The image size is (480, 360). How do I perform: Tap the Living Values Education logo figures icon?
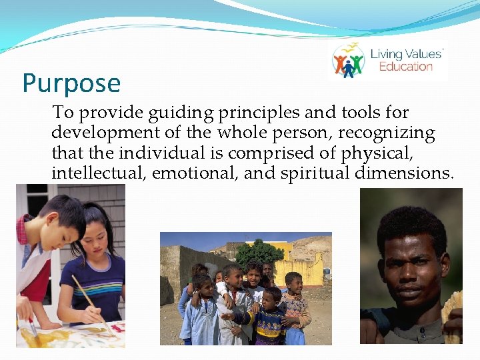click(349, 61)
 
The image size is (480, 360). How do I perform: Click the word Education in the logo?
click(406, 67)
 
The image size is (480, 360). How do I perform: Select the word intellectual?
click(99, 173)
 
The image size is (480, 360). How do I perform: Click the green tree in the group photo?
click(259, 253)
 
